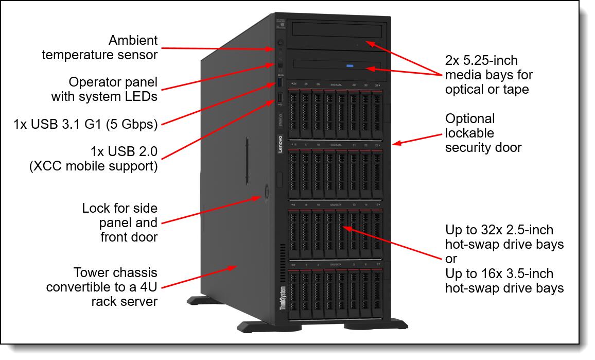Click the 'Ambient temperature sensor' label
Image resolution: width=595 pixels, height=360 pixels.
(x=100, y=47)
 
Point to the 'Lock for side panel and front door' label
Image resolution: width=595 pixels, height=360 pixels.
(x=120, y=222)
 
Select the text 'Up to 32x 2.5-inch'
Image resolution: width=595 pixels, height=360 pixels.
(x=499, y=230)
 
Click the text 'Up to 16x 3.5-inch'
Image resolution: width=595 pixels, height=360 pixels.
(x=499, y=273)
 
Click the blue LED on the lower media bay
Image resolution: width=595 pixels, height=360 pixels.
(x=350, y=66)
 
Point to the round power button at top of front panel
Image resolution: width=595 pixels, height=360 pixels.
(x=279, y=43)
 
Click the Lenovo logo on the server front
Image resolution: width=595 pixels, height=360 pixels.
(x=281, y=145)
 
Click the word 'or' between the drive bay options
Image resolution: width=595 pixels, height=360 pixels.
(x=451, y=259)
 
